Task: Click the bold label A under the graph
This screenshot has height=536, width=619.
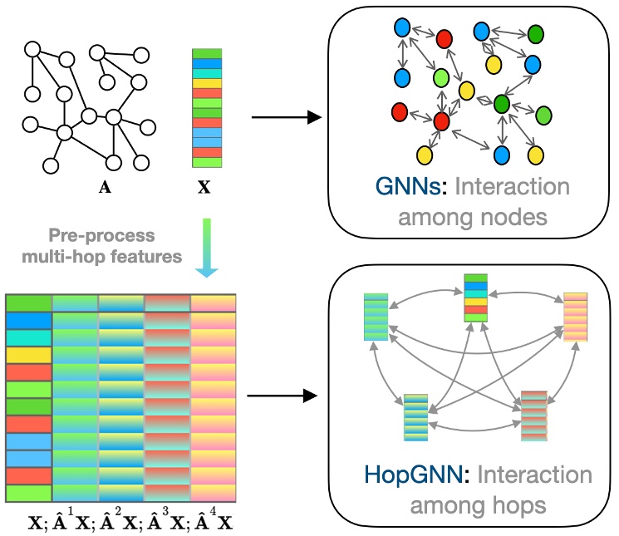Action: (105, 188)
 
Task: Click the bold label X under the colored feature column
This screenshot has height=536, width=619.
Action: (204, 188)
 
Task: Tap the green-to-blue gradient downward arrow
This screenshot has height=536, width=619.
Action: (204, 245)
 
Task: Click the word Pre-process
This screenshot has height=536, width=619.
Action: (113, 236)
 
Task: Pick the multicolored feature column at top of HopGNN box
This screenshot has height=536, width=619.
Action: (475, 298)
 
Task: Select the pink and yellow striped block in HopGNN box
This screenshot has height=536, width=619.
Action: (576, 317)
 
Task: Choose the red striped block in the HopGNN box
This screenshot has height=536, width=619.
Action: (533, 415)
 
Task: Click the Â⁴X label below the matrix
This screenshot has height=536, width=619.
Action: (214, 522)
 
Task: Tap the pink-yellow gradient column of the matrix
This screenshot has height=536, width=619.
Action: (214, 399)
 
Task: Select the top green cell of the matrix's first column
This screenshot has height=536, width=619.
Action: (28, 302)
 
